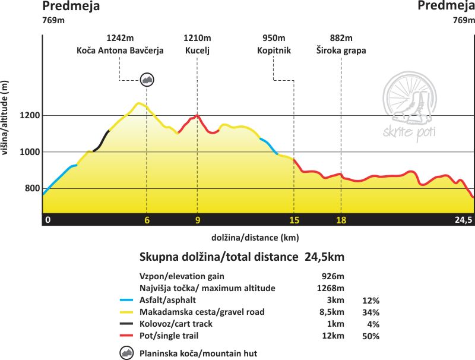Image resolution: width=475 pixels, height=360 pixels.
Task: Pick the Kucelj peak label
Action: point(197,50)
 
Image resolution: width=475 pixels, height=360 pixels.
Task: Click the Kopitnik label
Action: point(274,50)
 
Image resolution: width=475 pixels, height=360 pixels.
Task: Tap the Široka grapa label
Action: point(341,50)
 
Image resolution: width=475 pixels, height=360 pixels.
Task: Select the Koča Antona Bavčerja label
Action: point(120,50)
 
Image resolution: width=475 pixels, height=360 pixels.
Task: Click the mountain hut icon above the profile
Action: point(147,79)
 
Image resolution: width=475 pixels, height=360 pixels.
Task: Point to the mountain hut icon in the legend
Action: point(126,353)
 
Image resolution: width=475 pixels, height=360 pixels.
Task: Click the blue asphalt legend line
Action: point(126,300)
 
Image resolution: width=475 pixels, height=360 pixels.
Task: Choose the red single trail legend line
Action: point(126,336)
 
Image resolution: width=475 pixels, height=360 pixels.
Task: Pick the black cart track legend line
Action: point(126,324)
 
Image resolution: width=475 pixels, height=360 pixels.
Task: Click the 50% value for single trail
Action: point(371,336)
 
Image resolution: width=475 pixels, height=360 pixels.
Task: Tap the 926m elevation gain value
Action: point(332,276)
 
